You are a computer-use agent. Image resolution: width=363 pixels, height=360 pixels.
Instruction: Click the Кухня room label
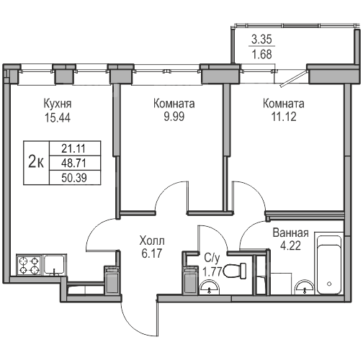(58, 104)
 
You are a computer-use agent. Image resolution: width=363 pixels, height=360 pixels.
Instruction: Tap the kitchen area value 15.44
(58, 118)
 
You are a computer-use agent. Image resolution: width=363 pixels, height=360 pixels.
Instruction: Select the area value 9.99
(174, 117)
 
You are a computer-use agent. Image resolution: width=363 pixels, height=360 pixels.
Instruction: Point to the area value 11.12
(284, 117)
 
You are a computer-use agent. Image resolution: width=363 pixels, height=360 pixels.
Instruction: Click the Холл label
(152, 240)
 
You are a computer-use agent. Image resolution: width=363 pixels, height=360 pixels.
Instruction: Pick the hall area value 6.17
(152, 253)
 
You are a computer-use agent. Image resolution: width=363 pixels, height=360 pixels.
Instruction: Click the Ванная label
(290, 233)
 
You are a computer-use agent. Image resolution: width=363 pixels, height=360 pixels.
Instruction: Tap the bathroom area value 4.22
(290, 246)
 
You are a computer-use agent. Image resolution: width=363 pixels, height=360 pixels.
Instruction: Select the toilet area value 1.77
(212, 271)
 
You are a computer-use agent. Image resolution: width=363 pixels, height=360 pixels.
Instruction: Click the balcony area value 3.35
(261, 39)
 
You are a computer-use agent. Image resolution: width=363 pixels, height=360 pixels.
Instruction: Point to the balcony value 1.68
(261, 54)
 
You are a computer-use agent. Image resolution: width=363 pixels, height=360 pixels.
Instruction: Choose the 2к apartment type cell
(36, 163)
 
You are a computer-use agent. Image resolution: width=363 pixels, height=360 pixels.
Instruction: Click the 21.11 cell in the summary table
(73, 148)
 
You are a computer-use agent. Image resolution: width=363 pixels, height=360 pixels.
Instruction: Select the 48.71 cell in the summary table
(73, 163)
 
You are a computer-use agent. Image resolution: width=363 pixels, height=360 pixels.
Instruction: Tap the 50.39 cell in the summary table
(74, 178)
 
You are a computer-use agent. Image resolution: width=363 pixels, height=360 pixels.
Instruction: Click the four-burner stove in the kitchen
(30, 265)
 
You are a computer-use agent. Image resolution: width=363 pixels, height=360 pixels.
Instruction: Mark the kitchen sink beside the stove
(55, 265)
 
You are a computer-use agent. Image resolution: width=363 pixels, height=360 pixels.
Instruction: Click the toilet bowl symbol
(235, 271)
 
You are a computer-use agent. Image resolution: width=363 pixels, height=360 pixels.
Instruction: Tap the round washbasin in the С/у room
(210, 287)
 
